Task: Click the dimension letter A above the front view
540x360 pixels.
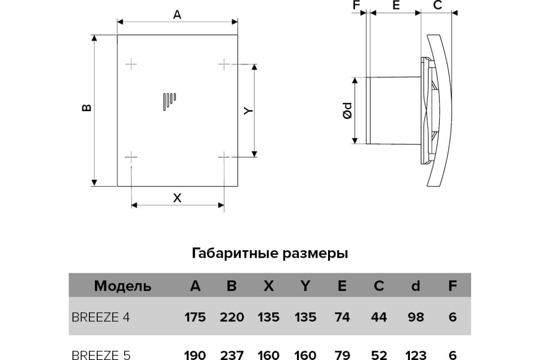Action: (x=177, y=15)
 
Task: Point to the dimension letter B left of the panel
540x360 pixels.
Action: (x=86, y=108)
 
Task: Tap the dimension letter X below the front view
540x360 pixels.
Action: (x=177, y=198)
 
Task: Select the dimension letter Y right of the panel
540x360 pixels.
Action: (x=248, y=111)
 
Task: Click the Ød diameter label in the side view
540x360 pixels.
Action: (x=347, y=111)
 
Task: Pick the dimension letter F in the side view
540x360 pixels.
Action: (x=356, y=5)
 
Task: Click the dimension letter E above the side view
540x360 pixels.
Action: (x=396, y=5)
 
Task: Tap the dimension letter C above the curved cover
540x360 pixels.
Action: (x=437, y=5)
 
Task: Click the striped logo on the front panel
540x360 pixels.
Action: (x=170, y=102)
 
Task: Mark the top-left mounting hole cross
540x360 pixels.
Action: (x=131, y=64)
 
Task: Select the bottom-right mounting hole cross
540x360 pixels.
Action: (x=224, y=157)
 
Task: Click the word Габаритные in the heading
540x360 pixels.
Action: (x=235, y=253)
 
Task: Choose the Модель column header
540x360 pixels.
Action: (x=122, y=286)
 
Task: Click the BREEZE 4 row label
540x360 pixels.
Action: (x=101, y=317)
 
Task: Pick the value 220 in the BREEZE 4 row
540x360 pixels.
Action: (x=232, y=317)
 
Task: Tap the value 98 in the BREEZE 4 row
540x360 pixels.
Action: (x=416, y=317)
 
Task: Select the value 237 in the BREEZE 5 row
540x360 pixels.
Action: (x=232, y=355)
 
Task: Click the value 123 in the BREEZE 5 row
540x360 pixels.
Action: (x=416, y=355)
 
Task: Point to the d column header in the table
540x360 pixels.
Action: (x=416, y=286)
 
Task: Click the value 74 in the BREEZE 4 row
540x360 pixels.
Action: (x=342, y=317)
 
